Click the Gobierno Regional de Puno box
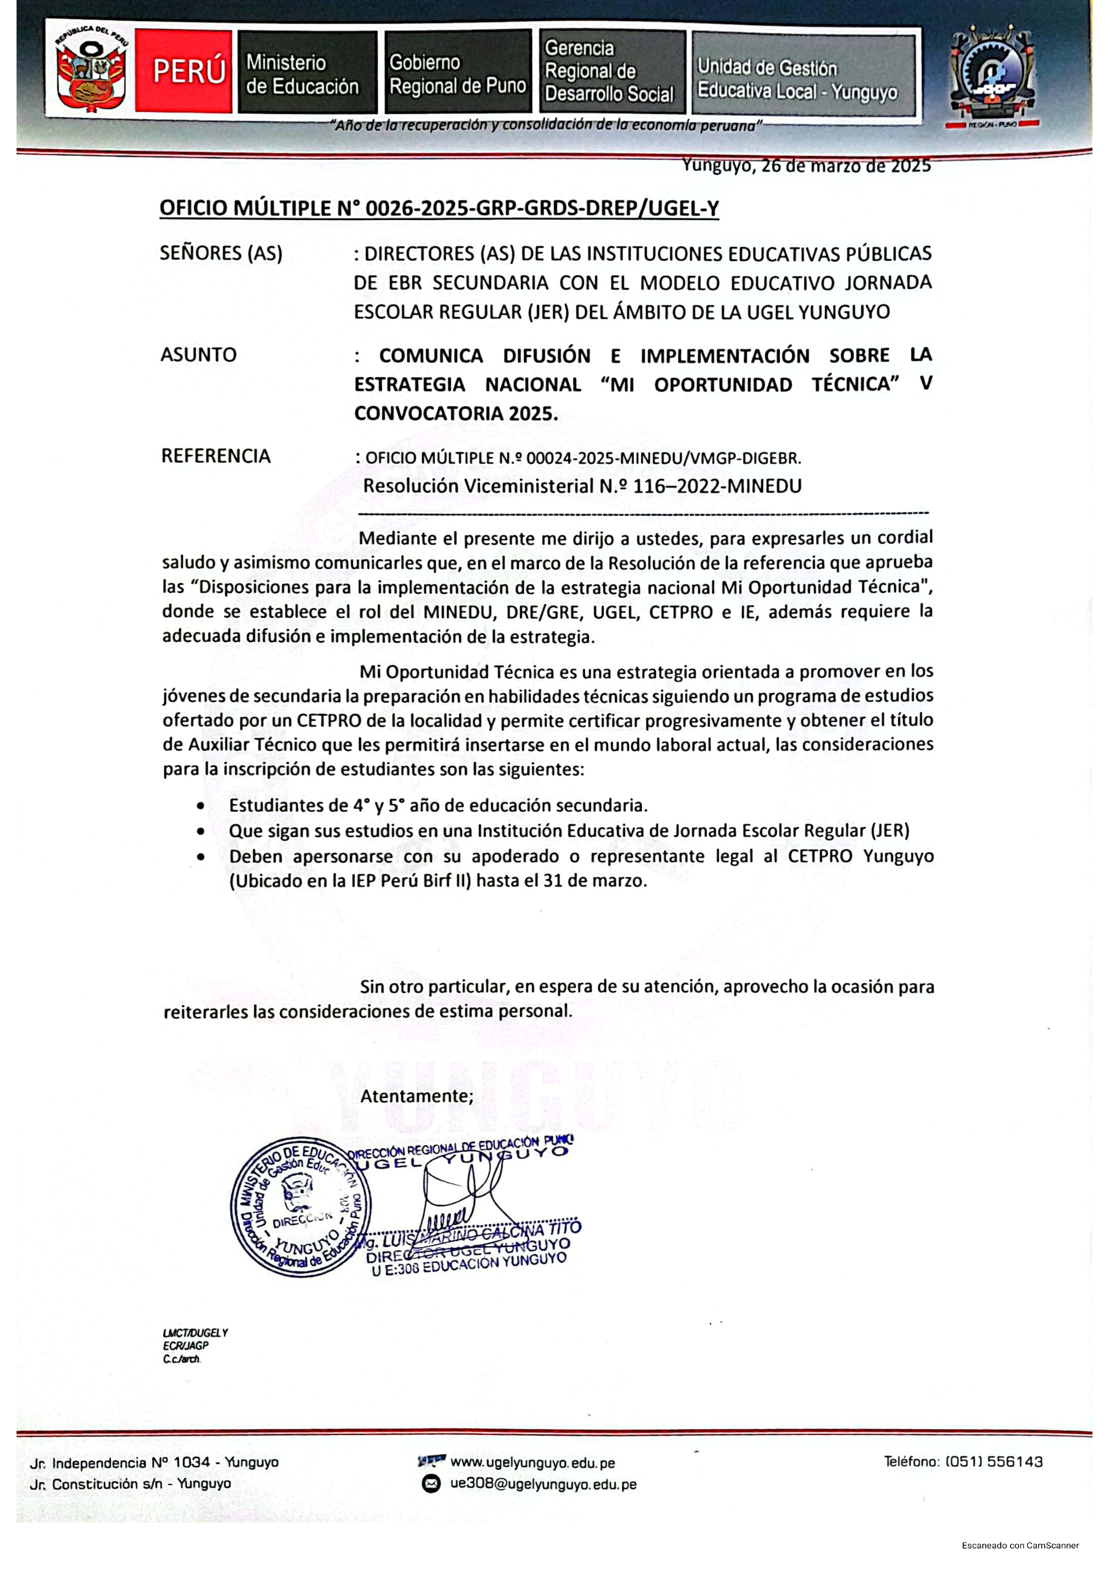[458, 72]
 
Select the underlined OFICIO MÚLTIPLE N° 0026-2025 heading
[439, 208]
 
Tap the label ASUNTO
[198, 355]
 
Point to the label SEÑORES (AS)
[221, 254]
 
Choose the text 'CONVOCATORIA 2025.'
[456, 414]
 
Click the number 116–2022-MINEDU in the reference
[717, 486]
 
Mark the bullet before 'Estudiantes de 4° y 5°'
[199, 806]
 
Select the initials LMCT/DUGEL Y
[195, 1332]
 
